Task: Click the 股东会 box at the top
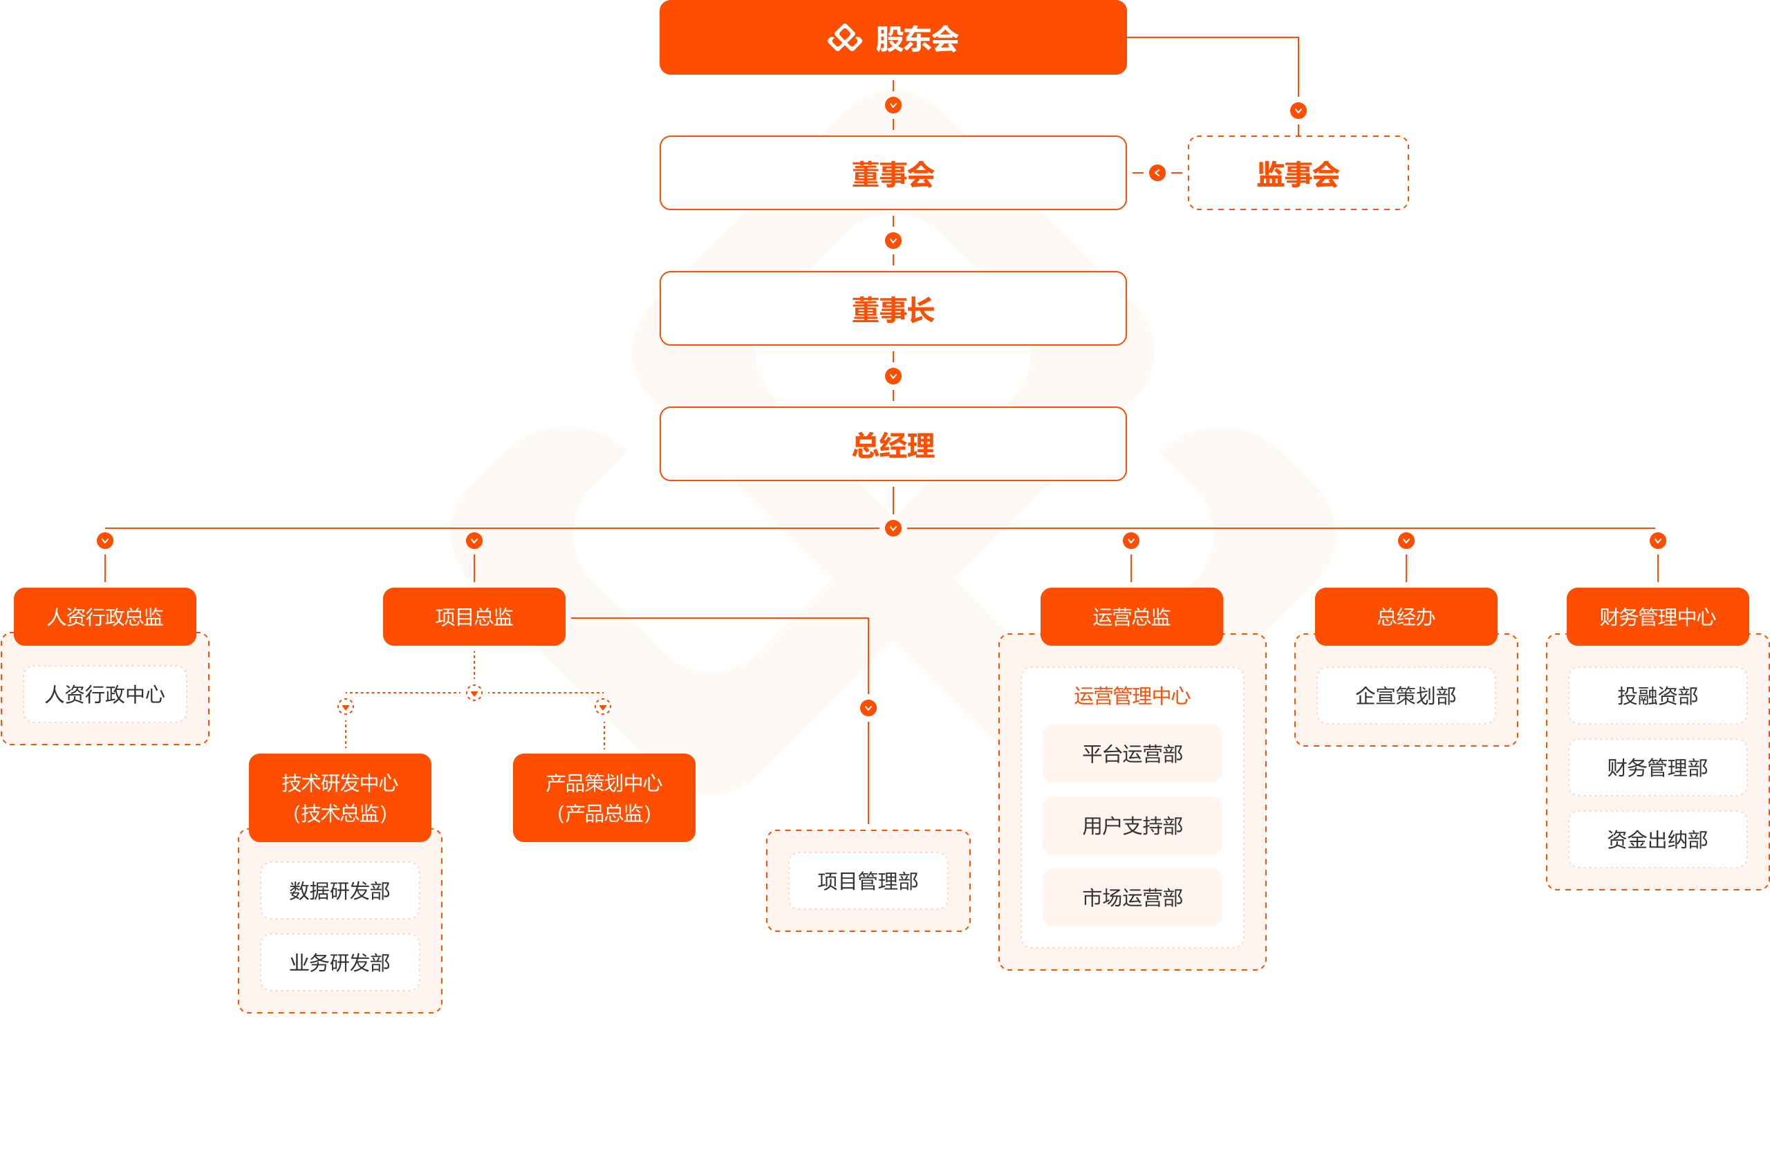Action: tap(893, 37)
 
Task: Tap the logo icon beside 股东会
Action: tap(844, 38)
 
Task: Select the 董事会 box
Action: tap(893, 174)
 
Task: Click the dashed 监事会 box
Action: tap(1297, 174)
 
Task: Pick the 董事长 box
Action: tap(893, 309)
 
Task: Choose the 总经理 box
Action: tap(893, 445)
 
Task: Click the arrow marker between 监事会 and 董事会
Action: tap(1157, 173)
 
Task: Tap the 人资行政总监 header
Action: tap(105, 616)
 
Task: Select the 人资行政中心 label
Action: tap(105, 694)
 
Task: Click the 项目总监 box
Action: tap(474, 616)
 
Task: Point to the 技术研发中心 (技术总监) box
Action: tap(339, 797)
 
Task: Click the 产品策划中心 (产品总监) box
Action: tap(604, 797)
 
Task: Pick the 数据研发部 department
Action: tap(339, 891)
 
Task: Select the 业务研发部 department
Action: tap(339, 962)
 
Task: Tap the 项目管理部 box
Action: tap(868, 881)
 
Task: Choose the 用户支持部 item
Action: tap(1131, 825)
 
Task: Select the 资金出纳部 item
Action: tap(1657, 839)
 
